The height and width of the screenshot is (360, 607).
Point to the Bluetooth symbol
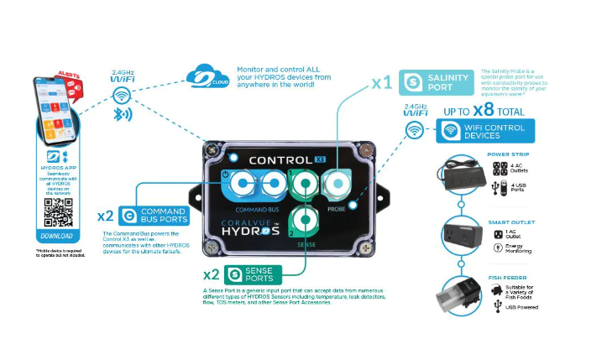[123, 114]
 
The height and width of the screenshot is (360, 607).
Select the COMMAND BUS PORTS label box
[152, 215]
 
